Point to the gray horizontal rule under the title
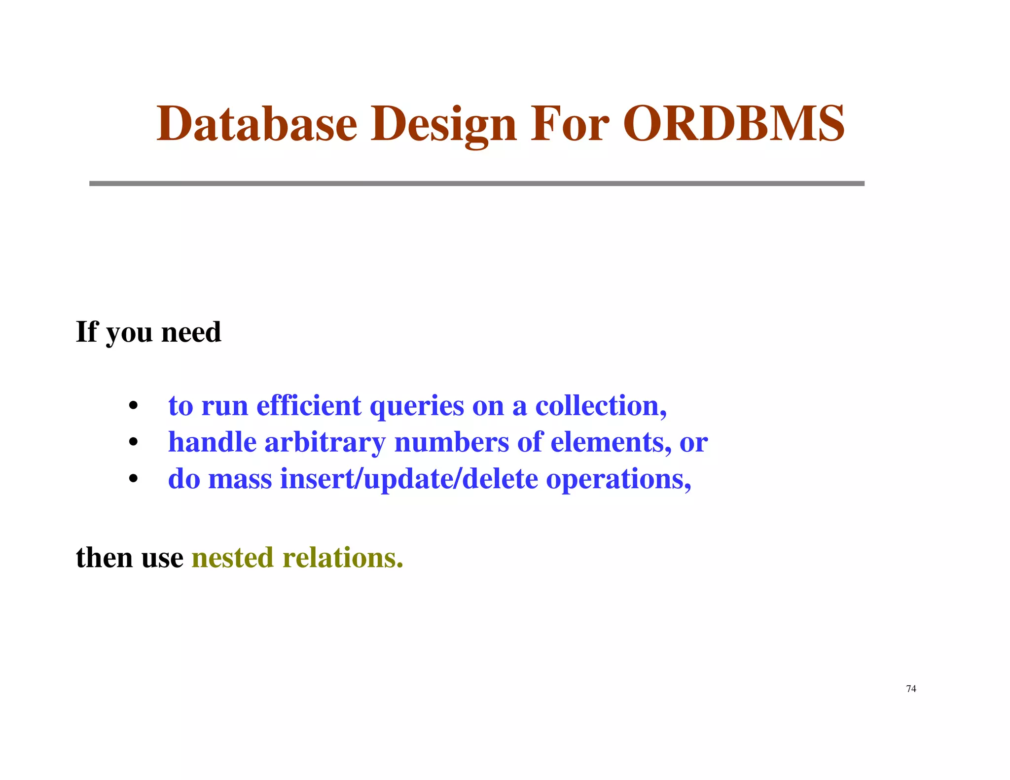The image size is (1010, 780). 476,183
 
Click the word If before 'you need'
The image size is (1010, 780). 87,331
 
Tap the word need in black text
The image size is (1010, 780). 191,332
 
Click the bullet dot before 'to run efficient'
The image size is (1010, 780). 133,406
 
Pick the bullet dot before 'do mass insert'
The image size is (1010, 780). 133,479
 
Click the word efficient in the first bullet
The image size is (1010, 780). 309,406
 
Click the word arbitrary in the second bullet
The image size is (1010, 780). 325,442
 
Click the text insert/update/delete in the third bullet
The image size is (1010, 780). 409,479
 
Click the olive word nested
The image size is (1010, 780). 232,558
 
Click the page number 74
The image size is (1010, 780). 911,689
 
